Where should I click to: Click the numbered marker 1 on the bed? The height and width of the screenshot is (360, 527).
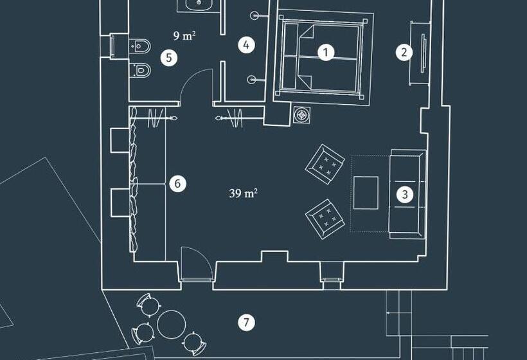(x=325, y=53)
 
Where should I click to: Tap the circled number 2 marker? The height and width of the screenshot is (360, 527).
(x=404, y=52)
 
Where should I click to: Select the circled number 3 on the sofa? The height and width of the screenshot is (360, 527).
(x=405, y=194)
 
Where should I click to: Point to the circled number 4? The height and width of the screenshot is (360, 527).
(x=246, y=45)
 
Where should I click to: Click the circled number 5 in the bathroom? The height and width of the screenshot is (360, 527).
(x=169, y=57)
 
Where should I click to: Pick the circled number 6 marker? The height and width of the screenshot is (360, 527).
(x=177, y=183)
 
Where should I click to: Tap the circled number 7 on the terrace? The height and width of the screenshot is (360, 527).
(x=246, y=322)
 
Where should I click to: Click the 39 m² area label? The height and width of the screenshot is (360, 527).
(x=244, y=194)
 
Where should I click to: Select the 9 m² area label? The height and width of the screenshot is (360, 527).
(x=184, y=35)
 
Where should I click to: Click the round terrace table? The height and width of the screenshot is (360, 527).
(x=172, y=325)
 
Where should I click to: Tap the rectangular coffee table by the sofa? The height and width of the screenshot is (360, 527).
(x=366, y=193)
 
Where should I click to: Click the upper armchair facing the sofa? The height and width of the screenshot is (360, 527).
(x=325, y=164)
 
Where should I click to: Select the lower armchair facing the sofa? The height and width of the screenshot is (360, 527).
(x=325, y=219)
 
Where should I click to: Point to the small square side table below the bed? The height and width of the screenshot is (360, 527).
(x=302, y=115)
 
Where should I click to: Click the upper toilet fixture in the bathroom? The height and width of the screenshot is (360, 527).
(x=139, y=46)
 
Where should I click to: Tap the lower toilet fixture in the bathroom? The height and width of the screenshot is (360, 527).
(x=139, y=70)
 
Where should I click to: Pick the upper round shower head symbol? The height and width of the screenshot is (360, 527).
(x=255, y=15)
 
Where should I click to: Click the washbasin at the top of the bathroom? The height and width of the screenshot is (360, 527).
(x=199, y=4)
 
